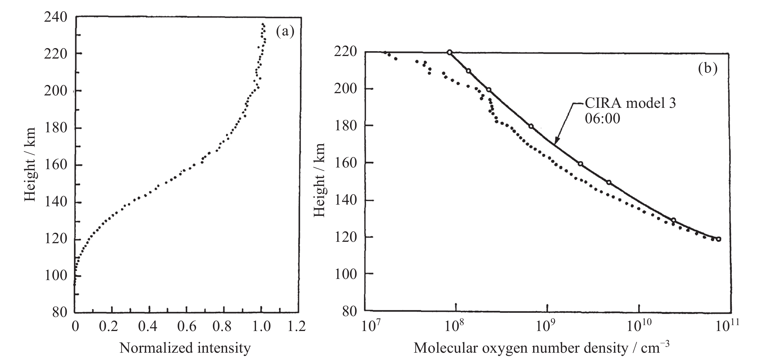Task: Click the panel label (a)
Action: point(285,32)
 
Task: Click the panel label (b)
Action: point(708,69)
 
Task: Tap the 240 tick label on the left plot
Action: point(55,17)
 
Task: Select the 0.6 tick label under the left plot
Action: point(186,327)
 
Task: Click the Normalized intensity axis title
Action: point(185,348)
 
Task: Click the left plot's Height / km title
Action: point(30,164)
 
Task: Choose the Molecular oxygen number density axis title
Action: point(541,348)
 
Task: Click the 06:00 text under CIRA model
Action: point(602,118)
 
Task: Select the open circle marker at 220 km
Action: point(449,52)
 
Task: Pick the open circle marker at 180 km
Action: point(531,126)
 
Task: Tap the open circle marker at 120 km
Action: point(719,239)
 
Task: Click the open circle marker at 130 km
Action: point(674,220)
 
